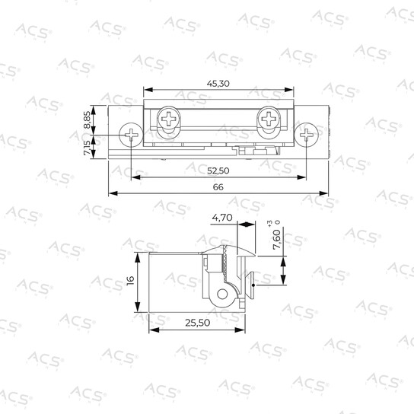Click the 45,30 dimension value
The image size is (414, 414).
pyautogui.click(x=218, y=84)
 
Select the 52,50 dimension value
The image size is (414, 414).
pyautogui.click(x=218, y=170)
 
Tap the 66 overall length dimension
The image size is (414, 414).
pyautogui.click(x=218, y=187)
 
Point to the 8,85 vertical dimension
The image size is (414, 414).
pyautogui.click(x=87, y=120)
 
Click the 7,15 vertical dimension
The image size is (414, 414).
pyautogui.click(x=87, y=148)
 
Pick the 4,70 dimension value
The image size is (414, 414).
pyautogui.click(x=222, y=218)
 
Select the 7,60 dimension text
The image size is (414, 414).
pyautogui.click(x=277, y=240)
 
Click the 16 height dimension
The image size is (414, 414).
pyautogui.click(x=131, y=280)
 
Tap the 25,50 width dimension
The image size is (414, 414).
pyautogui.click(x=198, y=323)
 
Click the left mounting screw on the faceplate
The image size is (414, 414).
pyautogui.click(x=131, y=135)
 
